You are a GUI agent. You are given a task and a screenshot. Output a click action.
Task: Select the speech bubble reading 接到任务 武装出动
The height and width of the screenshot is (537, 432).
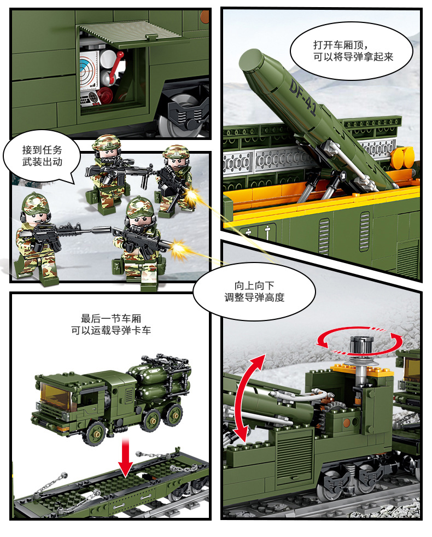coord(42,156)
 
